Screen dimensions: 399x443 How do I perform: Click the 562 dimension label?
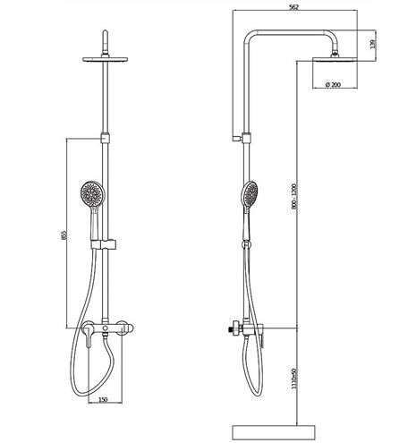[293, 7]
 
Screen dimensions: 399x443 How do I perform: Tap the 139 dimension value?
[372, 44]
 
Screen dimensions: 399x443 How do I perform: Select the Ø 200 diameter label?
[333, 85]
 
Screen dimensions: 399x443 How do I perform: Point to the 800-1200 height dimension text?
[294, 196]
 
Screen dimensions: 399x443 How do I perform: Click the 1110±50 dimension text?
[294, 379]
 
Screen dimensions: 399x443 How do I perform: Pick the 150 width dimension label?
[103, 399]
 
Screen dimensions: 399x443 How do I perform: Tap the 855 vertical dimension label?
[64, 235]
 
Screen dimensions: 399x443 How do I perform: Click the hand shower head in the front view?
[92, 193]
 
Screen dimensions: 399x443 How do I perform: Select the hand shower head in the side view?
[250, 194]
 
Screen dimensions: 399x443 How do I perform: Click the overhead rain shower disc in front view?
[106, 59]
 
